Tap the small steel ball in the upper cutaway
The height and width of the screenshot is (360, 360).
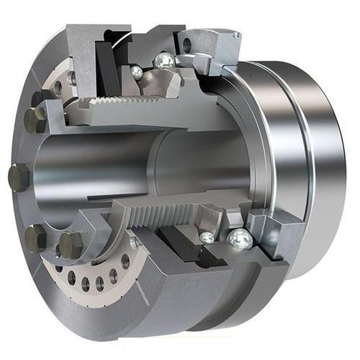point(137,71)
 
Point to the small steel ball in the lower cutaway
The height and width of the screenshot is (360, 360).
point(207,237)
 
